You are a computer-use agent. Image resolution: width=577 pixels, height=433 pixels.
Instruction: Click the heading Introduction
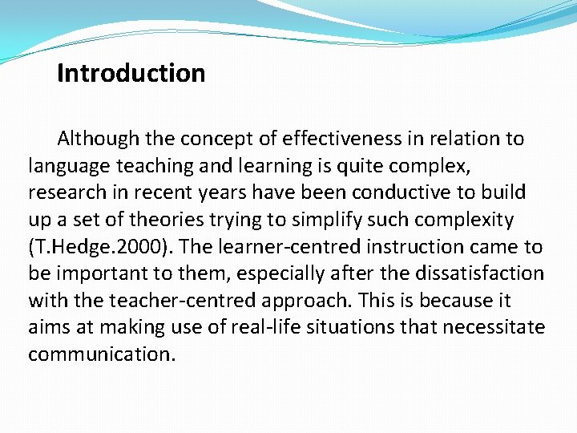click(x=131, y=74)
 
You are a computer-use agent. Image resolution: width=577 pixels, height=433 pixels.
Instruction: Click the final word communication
click(x=101, y=354)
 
